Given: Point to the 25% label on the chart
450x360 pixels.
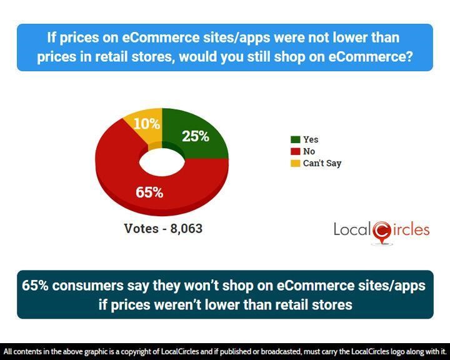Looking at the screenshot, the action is pos(196,136).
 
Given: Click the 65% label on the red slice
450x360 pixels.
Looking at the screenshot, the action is pos(149,192).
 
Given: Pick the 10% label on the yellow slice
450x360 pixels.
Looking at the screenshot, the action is pos(147,124).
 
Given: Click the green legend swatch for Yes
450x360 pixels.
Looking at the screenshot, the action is pos(295,139).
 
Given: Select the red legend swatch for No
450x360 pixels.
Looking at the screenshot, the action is pos(295,151).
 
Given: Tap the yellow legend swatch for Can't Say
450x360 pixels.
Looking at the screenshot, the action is pos(295,163).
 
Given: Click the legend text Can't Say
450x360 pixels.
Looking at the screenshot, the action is pos(322,163).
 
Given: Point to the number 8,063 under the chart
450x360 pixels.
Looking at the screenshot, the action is pos(186,229).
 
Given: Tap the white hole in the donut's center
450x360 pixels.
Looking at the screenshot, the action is pos(162,162).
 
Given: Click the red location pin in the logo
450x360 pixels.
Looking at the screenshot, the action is pos(382,231).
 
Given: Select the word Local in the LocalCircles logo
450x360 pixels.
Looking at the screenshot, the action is pos(352,229).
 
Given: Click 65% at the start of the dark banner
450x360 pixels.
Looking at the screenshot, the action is pos(35,286).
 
